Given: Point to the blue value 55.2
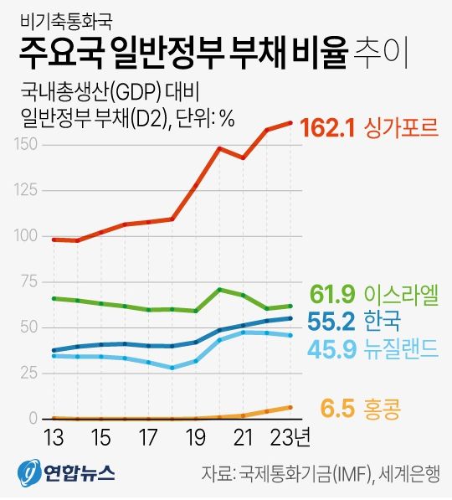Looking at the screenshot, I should tap(332, 321).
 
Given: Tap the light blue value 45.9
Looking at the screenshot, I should tap(332, 346).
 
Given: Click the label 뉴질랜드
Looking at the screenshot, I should tap(403, 346).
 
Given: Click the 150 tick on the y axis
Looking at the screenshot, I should tap(27, 145).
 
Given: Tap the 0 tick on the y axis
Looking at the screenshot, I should tap(33, 418).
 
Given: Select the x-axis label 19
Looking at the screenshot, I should tap(196, 439).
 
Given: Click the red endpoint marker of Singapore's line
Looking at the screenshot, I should tap(290, 123).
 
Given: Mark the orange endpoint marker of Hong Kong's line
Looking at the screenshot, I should tap(290, 407).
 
